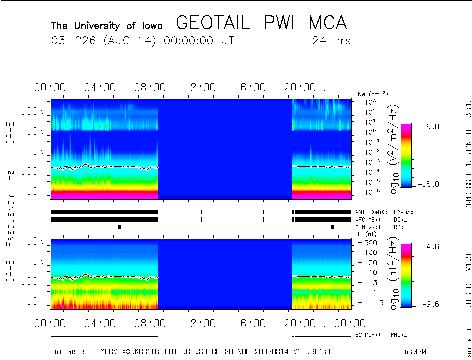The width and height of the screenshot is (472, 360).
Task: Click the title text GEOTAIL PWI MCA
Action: coord(262,23)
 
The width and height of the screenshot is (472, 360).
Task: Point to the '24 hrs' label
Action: coord(331,40)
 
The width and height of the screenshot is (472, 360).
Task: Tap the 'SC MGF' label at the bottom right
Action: coord(367,334)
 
